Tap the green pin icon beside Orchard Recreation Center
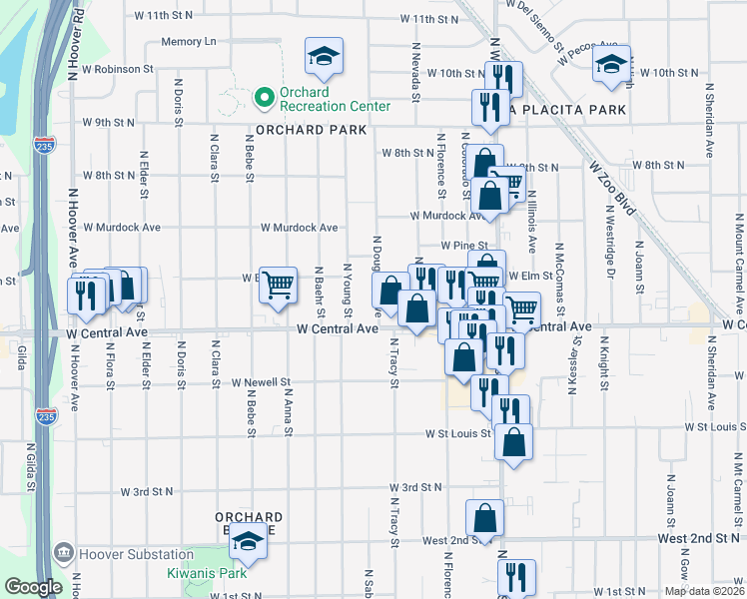[264, 98]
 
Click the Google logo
[33, 587]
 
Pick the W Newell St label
[260, 382]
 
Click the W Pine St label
[464, 245]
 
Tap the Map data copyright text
[703, 591]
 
